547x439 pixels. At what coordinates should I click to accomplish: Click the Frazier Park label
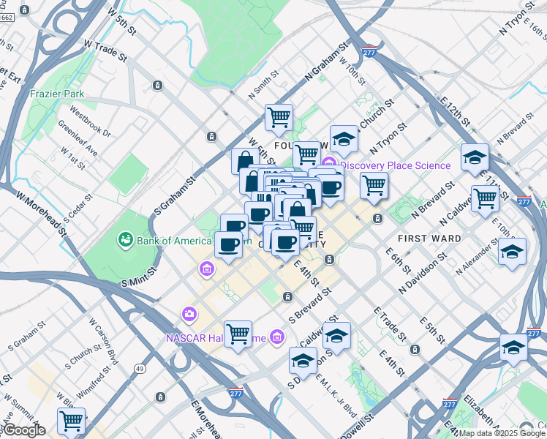[57, 94]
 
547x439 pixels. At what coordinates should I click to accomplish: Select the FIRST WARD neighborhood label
[429, 239]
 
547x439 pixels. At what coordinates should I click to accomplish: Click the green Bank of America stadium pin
[124, 239]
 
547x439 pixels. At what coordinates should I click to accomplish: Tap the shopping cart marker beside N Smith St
[279, 117]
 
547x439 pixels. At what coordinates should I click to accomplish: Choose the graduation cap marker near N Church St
[344, 138]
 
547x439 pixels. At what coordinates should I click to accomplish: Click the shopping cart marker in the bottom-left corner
[72, 421]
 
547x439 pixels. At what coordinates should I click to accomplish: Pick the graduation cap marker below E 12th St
[475, 157]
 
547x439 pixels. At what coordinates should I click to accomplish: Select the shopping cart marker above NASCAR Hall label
[238, 334]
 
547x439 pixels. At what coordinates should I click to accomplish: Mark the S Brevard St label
[310, 304]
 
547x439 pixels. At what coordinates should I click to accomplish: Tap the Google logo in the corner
[25, 430]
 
